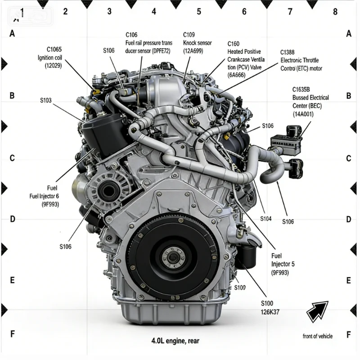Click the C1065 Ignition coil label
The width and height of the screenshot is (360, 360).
pyautogui.click(x=50, y=58)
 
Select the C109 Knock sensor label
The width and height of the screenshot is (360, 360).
pyautogui.click(x=198, y=43)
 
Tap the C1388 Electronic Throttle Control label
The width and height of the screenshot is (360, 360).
pyautogui.click(x=301, y=60)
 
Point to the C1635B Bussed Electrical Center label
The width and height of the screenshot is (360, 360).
pyautogui.click(x=310, y=102)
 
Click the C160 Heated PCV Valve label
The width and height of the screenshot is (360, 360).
pyautogui.click(x=246, y=59)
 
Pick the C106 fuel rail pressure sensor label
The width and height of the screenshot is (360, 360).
pyautogui.click(x=149, y=43)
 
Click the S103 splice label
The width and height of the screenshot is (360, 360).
pyautogui.click(x=46, y=100)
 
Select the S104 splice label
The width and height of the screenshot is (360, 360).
pyautogui.click(x=266, y=219)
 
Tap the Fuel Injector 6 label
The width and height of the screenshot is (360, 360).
pyautogui.click(x=44, y=196)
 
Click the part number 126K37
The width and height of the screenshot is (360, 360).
pyautogui.click(x=270, y=312)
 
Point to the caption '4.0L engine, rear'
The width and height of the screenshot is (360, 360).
pyautogui.click(x=175, y=341)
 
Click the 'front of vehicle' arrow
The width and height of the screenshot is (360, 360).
pyautogui.click(x=318, y=311)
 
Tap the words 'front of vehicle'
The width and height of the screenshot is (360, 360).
pyautogui.click(x=318, y=336)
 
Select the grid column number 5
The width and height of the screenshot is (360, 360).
pyautogui.click(x=199, y=12)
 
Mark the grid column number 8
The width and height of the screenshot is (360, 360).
pyautogui.click(x=335, y=12)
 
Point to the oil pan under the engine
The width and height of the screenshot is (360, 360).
pyautogui.click(x=171, y=313)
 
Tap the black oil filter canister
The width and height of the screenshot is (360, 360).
pyautogui.click(x=246, y=256)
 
